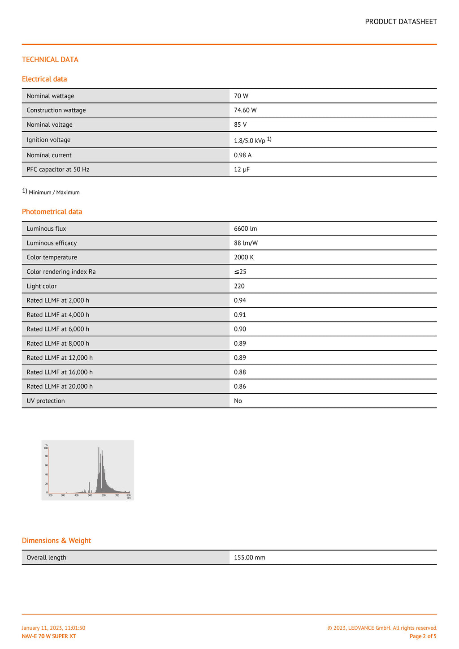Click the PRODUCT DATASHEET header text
coord(401,21)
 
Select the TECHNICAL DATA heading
coord(50,60)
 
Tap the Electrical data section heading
coord(44,79)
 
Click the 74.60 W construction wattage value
coord(245,110)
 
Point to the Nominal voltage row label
coord(49,125)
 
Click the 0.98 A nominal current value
coord(242,155)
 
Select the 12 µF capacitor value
coord(242,169)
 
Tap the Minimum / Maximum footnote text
coord(54,193)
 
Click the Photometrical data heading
coord(52,211)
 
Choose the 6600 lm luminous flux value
coord(245,228)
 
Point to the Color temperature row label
coord(52,257)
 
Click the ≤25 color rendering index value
coord(240,271)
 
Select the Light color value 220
coord(239,286)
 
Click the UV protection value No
coord(238,401)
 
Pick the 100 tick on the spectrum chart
coord(46,448)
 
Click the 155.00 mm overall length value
coord(250,558)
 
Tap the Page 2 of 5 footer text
coord(423,636)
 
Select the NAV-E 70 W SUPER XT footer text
coord(49,636)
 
